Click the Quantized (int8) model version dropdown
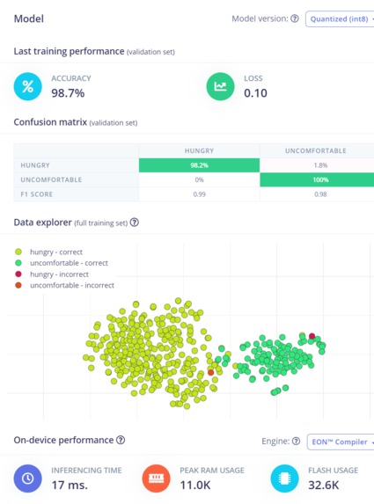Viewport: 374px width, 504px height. [x=340, y=18]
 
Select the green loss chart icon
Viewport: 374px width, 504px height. [x=221, y=86]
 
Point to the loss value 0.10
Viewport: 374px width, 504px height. [x=255, y=92]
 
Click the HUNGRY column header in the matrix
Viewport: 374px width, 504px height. [x=199, y=150]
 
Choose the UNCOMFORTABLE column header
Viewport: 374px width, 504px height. [x=316, y=150]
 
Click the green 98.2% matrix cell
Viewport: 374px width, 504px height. [x=199, y=164]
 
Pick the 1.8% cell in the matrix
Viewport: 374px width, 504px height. [x=316, y=164]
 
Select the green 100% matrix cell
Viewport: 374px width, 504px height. [x=316, y=179]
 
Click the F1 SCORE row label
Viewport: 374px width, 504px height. [x=40, y=194]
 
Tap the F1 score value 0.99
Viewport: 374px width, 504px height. [x=199, y=194]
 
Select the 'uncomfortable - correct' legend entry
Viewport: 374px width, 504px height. [x=69, y=262]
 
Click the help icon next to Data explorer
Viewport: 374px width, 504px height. [x=135, y=223]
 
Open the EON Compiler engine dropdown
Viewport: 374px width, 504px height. [x=341, y=441]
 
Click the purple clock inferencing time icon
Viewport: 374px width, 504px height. [x=28, y=478]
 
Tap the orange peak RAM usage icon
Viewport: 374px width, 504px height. [x=158, y=478]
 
